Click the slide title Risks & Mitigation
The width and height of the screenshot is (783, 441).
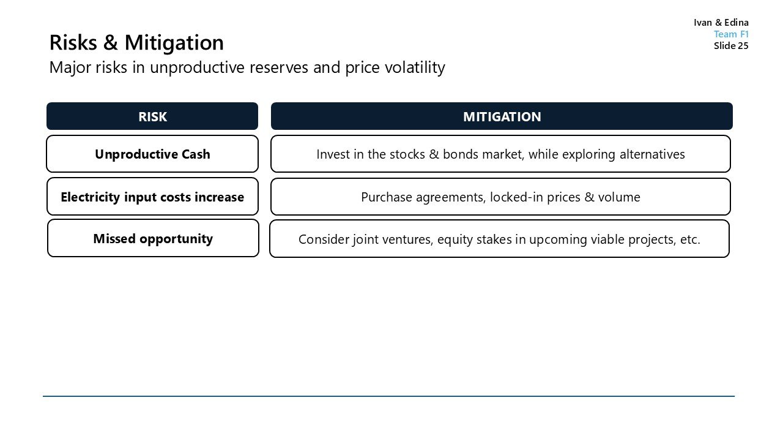tap(136, 43)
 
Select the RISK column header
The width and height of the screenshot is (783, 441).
tap(152, 116)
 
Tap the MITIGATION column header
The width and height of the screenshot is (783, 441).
tap(502, 116)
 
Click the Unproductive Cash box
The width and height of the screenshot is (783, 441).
tap(152, 154)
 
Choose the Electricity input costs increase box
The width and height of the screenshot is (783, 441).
tap(152, 197)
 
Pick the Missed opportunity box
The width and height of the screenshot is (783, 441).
tap(153, 239)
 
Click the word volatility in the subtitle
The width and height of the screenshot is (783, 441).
tap(415, 67)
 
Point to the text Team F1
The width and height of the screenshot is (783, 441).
tap(731, 34)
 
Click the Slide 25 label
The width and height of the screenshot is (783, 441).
tap(731, 45)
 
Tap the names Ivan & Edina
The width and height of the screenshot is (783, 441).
tap(721, 23)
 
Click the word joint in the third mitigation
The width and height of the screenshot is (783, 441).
tap(365, 239)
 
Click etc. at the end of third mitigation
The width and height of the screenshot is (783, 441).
tap(690, 239)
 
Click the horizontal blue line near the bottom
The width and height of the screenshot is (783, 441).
tap(388, 396)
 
